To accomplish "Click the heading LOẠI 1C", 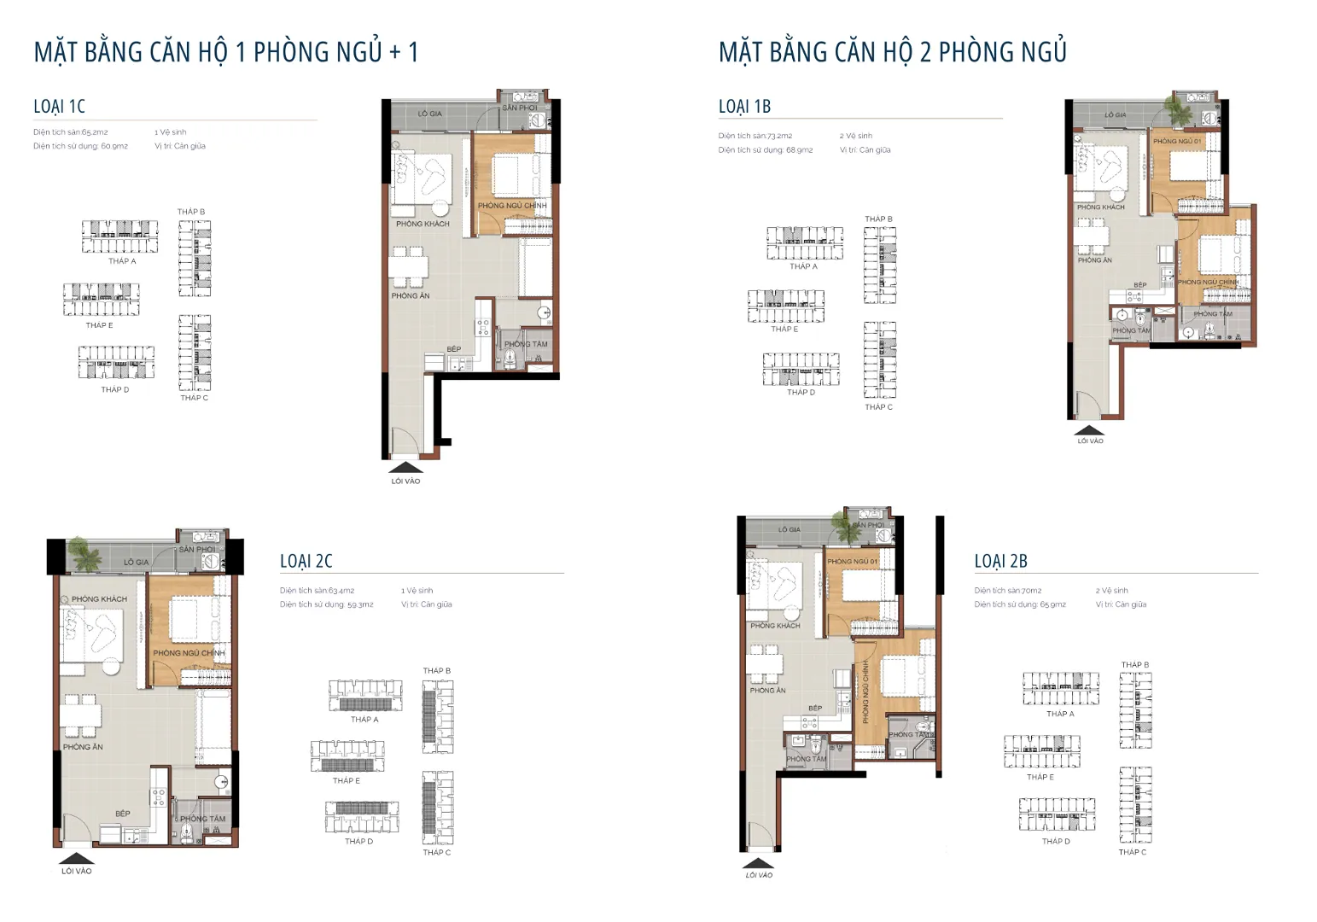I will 59,107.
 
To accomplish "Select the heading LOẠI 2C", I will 306,561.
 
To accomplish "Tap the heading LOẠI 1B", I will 744,107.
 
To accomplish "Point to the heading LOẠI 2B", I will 1000,561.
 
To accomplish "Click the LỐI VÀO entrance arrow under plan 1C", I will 405,468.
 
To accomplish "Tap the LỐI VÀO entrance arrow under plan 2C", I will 76,859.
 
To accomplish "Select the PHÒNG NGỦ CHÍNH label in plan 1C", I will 512,206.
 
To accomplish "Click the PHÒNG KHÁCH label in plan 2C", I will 99,599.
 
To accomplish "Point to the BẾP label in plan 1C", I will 453,349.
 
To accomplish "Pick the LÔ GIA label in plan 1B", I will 1115,114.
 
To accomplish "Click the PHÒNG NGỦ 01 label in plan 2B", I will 852,562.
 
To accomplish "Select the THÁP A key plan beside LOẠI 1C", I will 120,236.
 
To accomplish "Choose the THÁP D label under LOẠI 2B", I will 1055,841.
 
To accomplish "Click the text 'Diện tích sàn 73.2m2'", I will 755,136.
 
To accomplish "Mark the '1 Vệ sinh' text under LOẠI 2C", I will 417,591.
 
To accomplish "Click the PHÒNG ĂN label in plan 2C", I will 83,747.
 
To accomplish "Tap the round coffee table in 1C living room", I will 440,207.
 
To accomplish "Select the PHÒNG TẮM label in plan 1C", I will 526,344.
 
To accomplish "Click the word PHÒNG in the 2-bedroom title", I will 969,52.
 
